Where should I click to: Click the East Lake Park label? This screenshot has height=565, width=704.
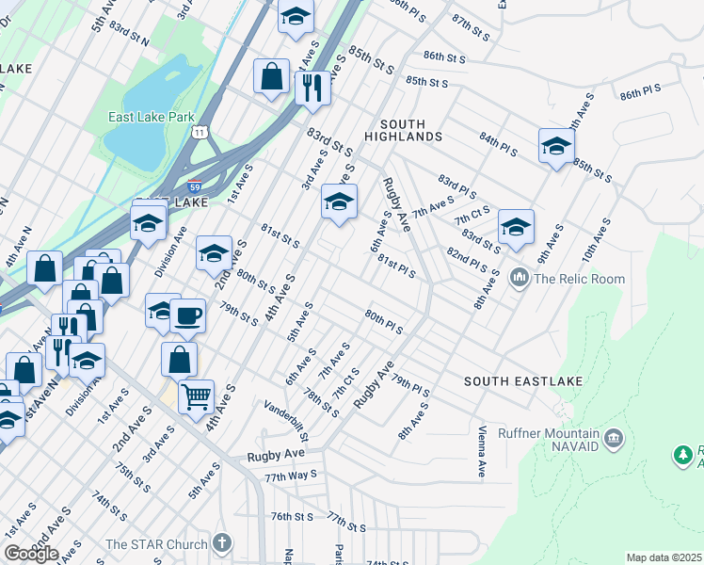point(146,117)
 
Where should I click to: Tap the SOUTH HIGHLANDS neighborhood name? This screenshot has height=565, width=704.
point(410,131)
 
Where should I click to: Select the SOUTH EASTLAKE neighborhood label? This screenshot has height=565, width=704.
point(524,381)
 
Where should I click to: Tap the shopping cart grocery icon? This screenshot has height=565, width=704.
point(196,396)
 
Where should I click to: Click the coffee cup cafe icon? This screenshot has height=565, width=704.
point(188,315)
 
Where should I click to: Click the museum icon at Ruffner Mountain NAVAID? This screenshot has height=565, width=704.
point(614,437)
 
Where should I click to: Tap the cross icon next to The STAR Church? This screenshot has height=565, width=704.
point(221,543)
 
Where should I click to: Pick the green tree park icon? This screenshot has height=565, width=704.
point(683,456)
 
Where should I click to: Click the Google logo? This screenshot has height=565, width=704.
point(30,554)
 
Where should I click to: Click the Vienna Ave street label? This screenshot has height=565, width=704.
point(481,451)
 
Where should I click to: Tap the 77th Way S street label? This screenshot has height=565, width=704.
point(291,477)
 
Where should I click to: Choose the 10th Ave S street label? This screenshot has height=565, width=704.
point(597,239)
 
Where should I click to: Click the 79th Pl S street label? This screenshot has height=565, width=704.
point(411,385)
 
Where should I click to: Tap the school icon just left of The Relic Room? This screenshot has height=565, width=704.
point(516,228)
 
